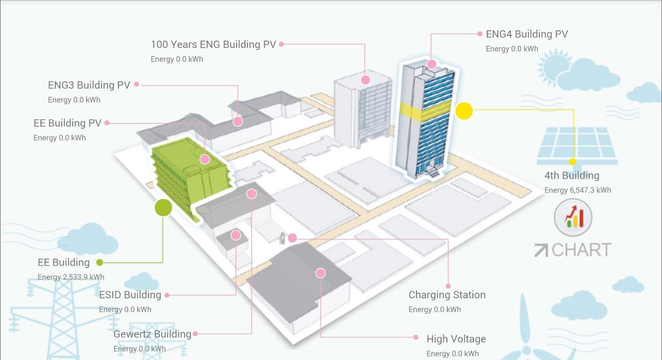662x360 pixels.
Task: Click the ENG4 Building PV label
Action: (x=527, y=34)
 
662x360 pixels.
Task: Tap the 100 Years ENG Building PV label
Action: (x=213, y=45)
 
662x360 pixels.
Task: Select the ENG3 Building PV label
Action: (x=89, y=85)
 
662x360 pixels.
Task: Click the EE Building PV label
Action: (x=68, y=123)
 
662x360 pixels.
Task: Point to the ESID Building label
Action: (x=130, y=295)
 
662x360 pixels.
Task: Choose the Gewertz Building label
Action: (x=153, y=334)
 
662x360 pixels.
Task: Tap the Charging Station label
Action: (x=447, y=295)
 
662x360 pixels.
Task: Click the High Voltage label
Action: (x=456, y=339)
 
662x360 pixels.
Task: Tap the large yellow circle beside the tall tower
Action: (x=464, y=111)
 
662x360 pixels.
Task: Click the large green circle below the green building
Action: (x=163, y=207)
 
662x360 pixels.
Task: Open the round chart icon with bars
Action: (x=573, y=217)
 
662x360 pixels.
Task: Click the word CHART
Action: (x=581, y=250)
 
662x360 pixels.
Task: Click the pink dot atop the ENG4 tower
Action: (x=432, y=64)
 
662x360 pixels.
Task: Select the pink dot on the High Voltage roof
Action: (x=321, y=273)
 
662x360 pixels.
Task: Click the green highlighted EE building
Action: (x=191, y=175)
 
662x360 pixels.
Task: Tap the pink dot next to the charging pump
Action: (x=292, y=238)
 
